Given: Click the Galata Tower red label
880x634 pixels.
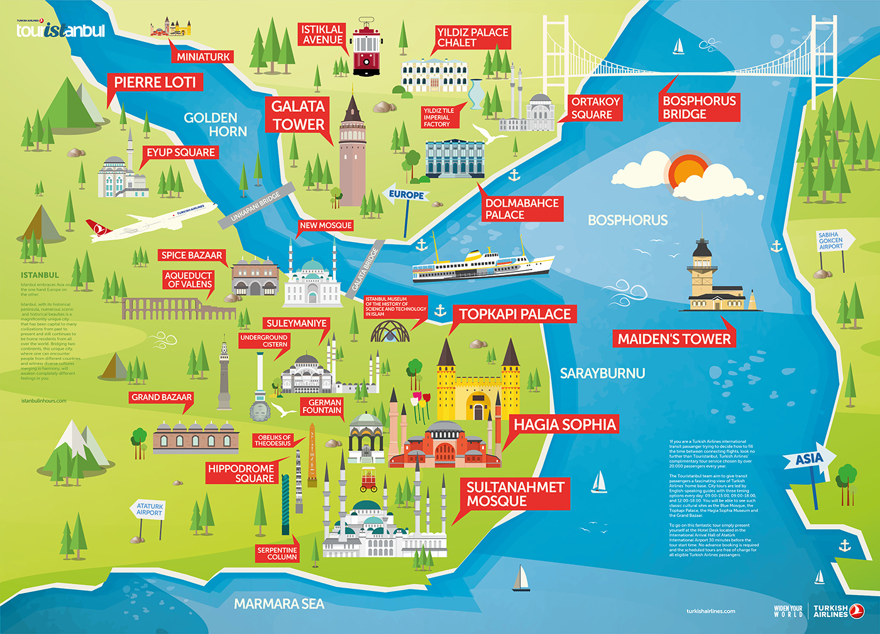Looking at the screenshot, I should coord(298,116).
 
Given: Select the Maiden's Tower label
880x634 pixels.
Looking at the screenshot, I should coord(674,339).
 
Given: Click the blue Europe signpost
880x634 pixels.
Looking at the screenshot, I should coord(406,195).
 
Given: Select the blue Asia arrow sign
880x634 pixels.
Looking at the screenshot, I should coord(809,459).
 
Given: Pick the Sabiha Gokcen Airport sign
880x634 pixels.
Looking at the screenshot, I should coord(832,241).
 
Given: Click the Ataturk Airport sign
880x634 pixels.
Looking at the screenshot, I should coord(150,509).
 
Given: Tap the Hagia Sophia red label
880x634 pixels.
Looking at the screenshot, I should coord(564,425).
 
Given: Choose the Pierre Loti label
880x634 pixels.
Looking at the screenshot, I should coord(155,82).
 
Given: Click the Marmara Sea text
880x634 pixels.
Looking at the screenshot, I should coord(279,604).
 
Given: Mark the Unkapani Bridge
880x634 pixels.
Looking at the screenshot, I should coord(256,206).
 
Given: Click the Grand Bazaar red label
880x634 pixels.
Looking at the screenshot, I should coord(162,397).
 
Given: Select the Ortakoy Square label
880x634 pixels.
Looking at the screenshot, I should coord(595,108).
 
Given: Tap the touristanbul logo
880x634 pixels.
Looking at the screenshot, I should coord(60,30).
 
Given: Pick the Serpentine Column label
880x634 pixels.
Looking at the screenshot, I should coord(277,554).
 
